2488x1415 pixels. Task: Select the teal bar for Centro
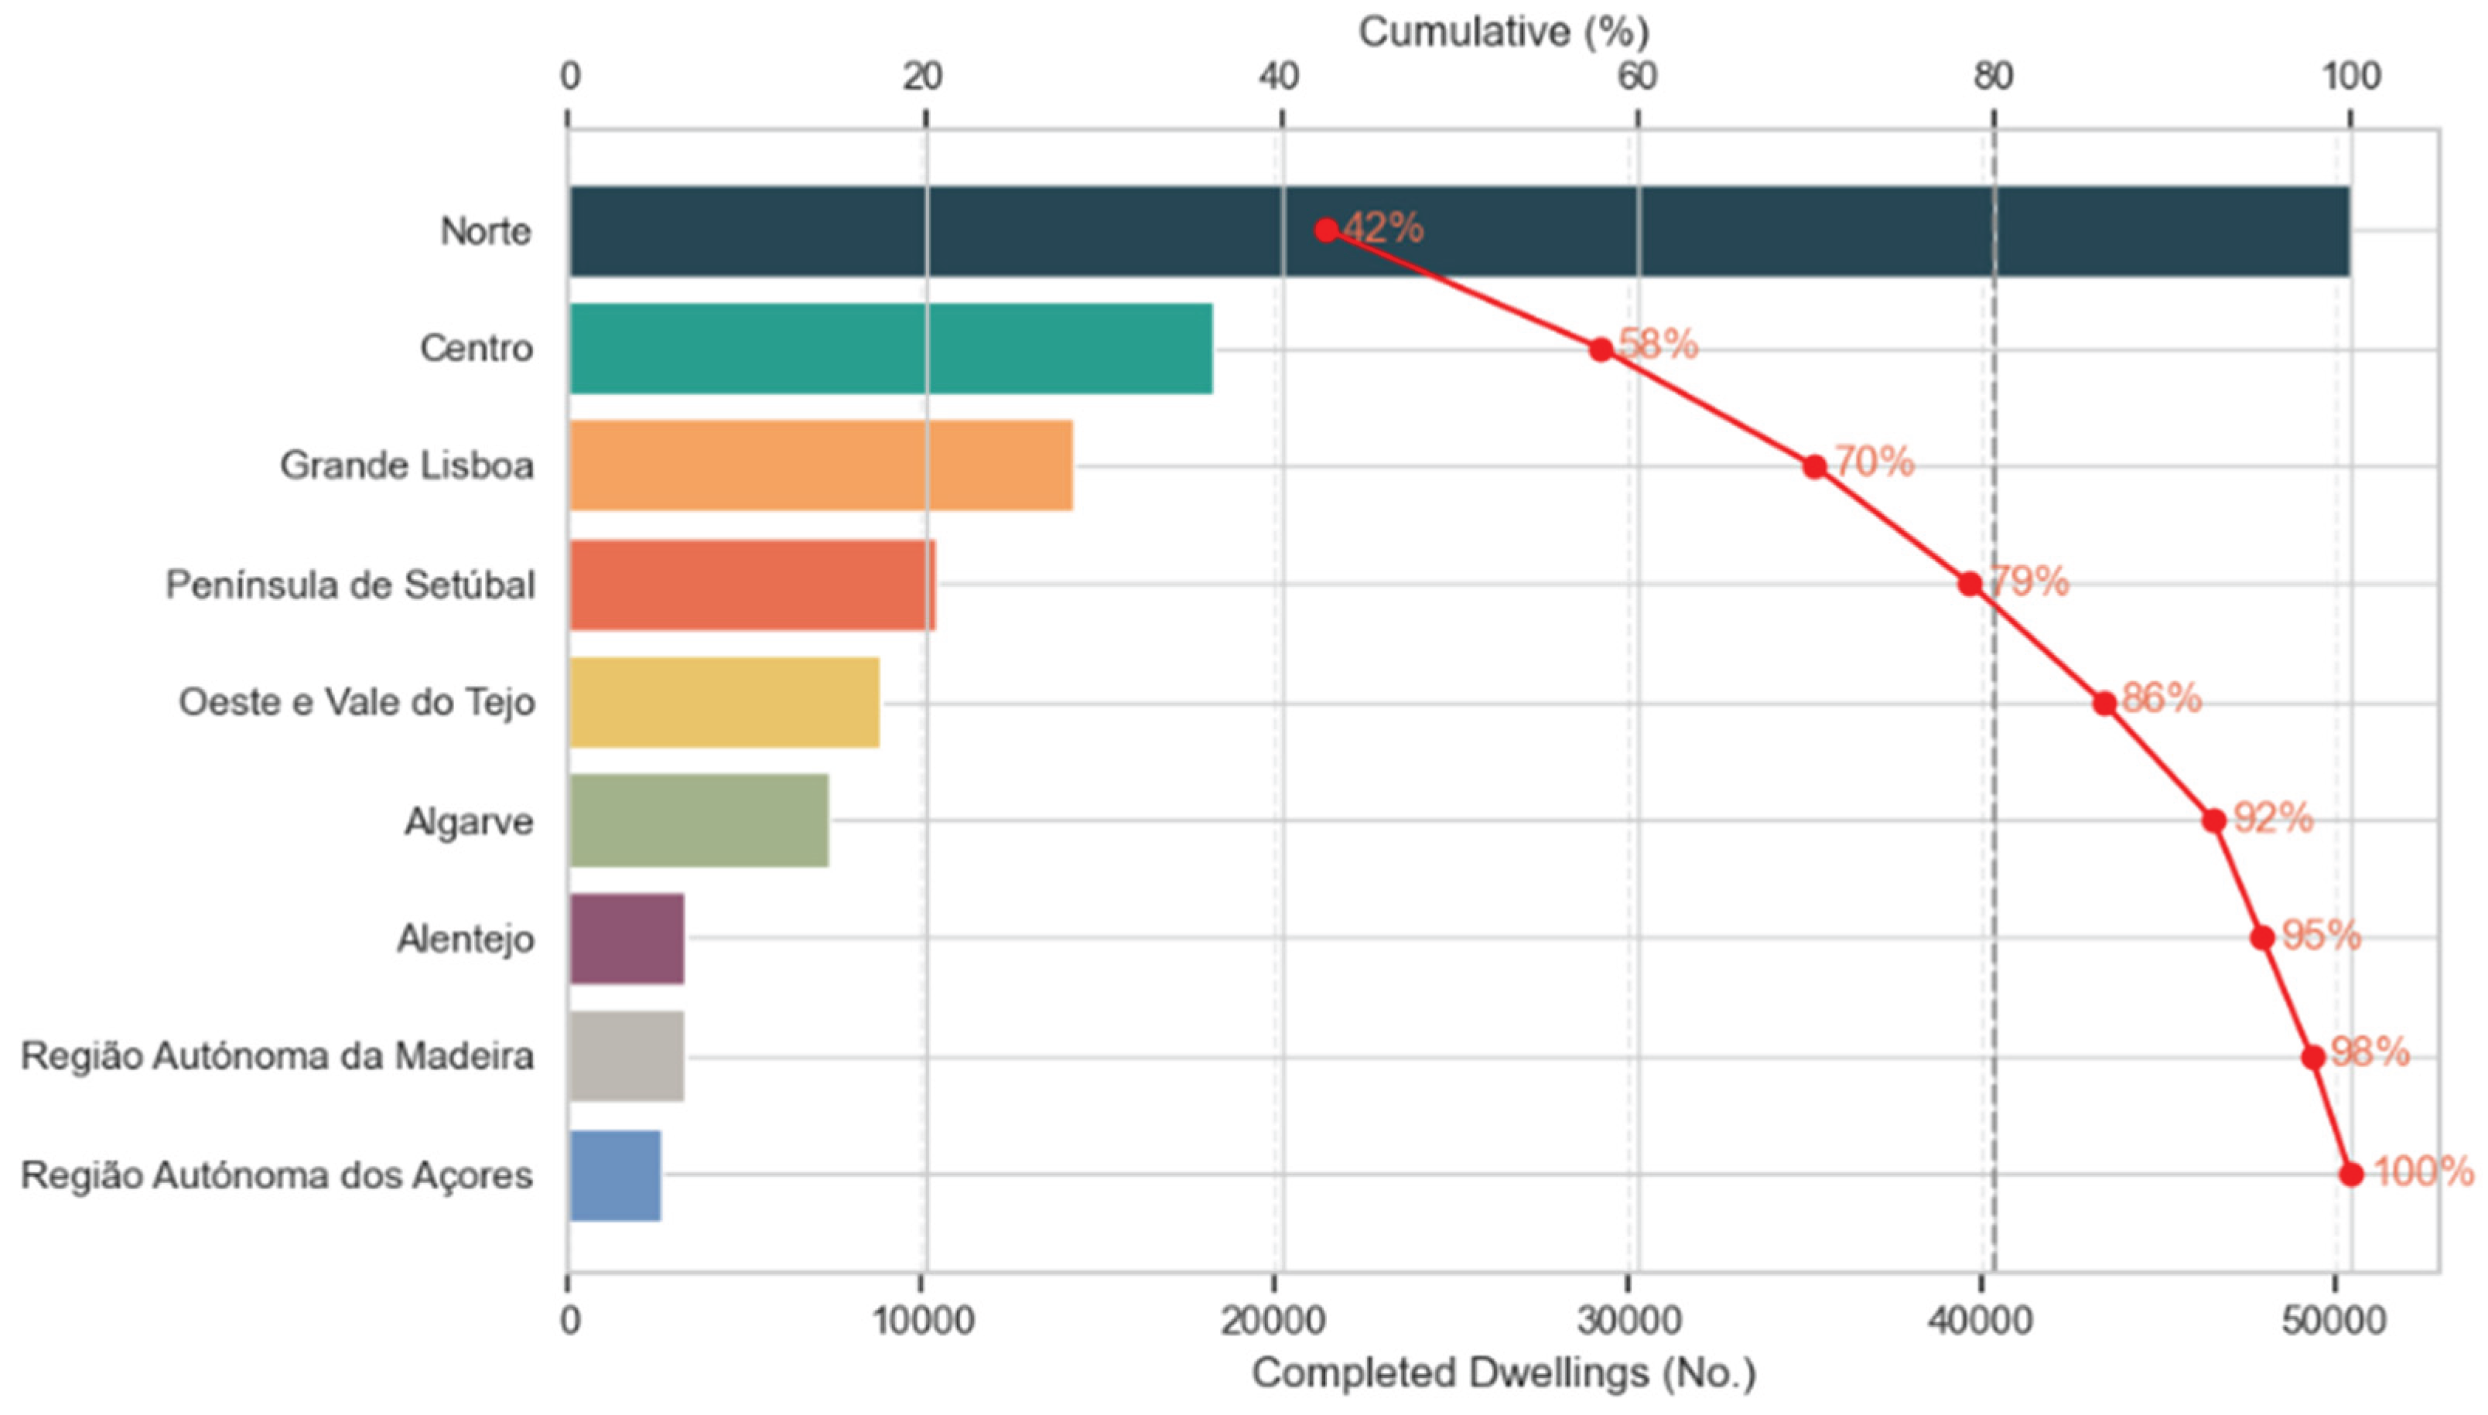coord(890,348)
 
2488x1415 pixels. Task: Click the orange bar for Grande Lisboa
coord(821,465)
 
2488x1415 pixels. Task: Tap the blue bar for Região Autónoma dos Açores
coord(614,1175)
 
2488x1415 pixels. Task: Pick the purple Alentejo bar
coord(626,938)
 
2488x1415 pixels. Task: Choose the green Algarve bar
coord(698,820)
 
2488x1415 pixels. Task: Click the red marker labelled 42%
coord(1326,230)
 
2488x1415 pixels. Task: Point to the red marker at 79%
coord(1970,584)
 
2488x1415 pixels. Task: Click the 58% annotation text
coord(1658,344)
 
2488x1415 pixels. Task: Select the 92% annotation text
coord(2273,817)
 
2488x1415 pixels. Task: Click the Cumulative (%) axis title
coord(1503,32)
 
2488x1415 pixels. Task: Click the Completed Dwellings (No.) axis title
coord(1503,1373)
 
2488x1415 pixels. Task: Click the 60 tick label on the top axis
coord(1636,77)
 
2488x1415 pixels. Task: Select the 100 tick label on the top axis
coord(2351,77)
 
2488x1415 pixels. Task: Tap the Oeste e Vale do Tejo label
coord(357,701)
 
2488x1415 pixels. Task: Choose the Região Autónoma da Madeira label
coord(277,1056)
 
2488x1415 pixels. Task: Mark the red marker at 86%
coord(2104,703)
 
